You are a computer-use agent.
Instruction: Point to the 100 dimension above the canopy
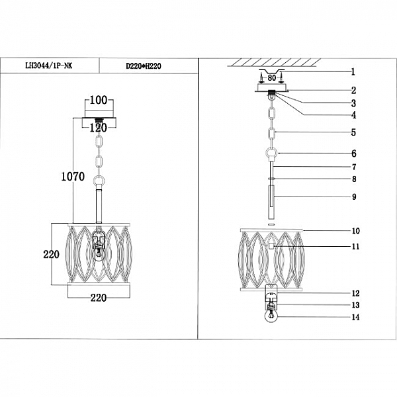pyautogui.click(x=98, y=101)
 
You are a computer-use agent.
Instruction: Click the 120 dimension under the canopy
pyautogui.click(x=98, y=128)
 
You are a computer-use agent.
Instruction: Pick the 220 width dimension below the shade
pyautogui.click(x=98, y=298)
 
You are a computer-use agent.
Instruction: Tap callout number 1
pyautogui.click(x=353, y=71)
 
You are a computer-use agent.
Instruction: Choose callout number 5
pyautogui.click(x=353, y=132)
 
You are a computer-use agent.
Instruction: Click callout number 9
pyautogui.click(x=353, y=197)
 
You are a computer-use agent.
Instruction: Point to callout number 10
pyautogui.click(x=355, y=231)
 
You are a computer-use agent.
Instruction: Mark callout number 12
pyautogui.click(x=355, y=293)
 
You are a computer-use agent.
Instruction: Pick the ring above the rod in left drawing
pyautogui.click(x=99, y=180)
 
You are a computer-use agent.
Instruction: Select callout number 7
pyautogui.click(x=353, y=167)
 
